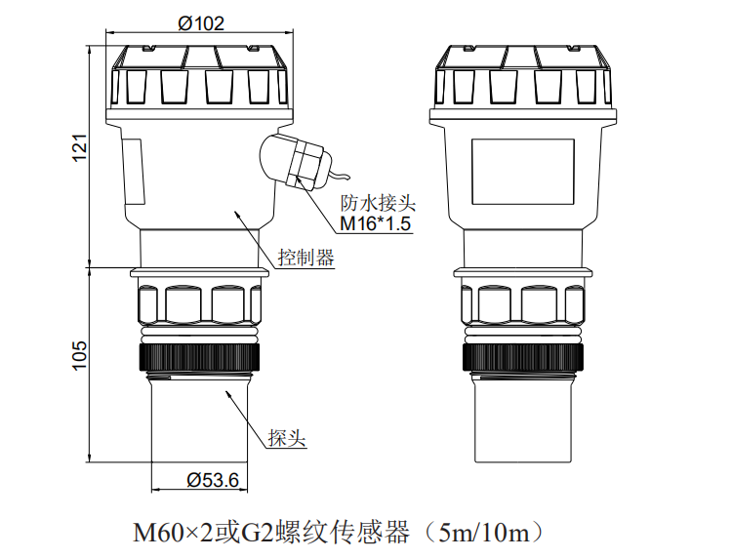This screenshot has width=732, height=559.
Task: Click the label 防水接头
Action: coord(378,204)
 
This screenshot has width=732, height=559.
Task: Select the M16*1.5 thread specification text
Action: coord(376,225)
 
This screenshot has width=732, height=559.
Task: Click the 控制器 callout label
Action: coord(305,258)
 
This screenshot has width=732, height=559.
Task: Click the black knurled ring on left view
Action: coord(201,355)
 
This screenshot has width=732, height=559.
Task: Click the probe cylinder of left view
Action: coord(201,419)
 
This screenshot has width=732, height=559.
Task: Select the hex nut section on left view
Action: coord(201,304)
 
